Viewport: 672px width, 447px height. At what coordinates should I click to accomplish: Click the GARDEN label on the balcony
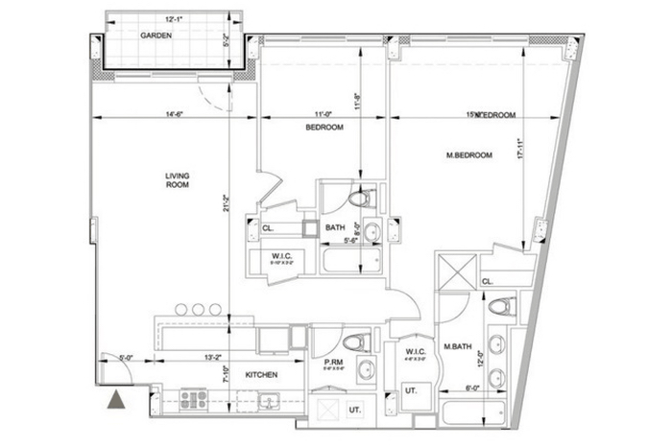(156, 35)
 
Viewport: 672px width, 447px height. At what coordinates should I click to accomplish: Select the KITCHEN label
(261, 375)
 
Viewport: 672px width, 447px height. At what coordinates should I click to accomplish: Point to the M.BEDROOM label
(469, 154)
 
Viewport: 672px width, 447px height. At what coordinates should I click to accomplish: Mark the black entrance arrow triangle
(116, 400)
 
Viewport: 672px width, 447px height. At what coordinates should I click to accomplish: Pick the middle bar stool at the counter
(198, 311)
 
